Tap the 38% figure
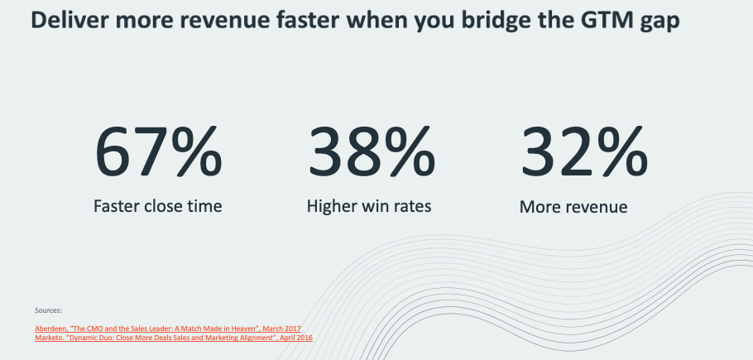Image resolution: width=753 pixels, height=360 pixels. tap(372, 151)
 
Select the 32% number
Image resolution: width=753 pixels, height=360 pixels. tap(584, 151)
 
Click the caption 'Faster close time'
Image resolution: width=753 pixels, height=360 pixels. tap(158, 206)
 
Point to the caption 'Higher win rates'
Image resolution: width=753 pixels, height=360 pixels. tap(369, 206)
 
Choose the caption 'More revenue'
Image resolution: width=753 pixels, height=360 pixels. tap(573, 207)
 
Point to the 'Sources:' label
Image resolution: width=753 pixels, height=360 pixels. tap(49, 310)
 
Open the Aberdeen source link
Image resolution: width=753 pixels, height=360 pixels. tap(168, 329)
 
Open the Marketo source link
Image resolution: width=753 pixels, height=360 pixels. tap(174, 338)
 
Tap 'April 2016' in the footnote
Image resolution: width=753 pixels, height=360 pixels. tap(297, 338)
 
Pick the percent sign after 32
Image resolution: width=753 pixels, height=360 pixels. tap(623, 151)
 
